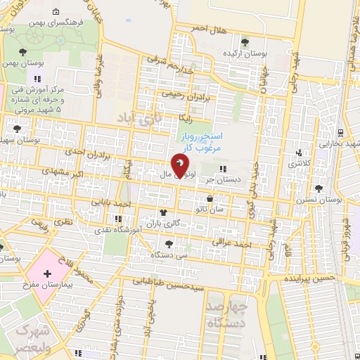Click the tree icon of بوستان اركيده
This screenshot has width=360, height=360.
[x=244, y=41]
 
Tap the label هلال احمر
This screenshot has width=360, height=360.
[x=210, y=29]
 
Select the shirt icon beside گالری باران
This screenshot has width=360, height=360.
[x=163, y=212]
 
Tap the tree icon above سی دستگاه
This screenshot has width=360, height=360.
[x=168, y=243]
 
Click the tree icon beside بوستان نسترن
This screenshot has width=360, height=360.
[x=319, y=188]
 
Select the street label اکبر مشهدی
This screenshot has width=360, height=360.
[x=58, y=172]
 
